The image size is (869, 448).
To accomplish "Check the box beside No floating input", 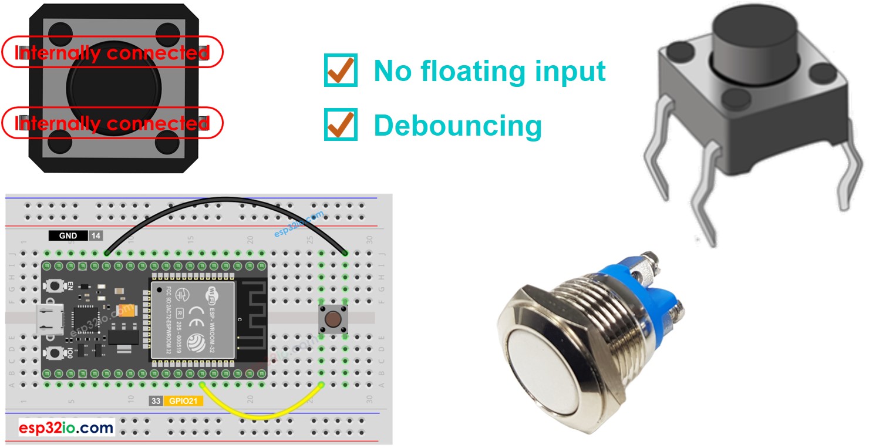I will (x=341, y=70).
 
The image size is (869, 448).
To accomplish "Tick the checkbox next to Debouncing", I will (x=341, y=124).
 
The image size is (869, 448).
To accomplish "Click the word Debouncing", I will (x=457, y=125).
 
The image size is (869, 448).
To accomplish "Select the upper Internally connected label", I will (x=112, y=52).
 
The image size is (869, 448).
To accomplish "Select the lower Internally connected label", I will (x=112, y=123).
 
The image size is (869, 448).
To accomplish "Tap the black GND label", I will (x=68, y=236).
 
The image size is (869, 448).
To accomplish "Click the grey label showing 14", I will (x=96, y=236).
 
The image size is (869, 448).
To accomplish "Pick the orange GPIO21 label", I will (x=184, y=402).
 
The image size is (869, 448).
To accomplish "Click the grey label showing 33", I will (x=156, y=402).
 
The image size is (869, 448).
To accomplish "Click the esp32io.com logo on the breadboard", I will (x=66, y=427).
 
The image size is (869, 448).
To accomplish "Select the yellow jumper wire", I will (x=261, y=415).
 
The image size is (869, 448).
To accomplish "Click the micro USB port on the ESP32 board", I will (x=46, y=319).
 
